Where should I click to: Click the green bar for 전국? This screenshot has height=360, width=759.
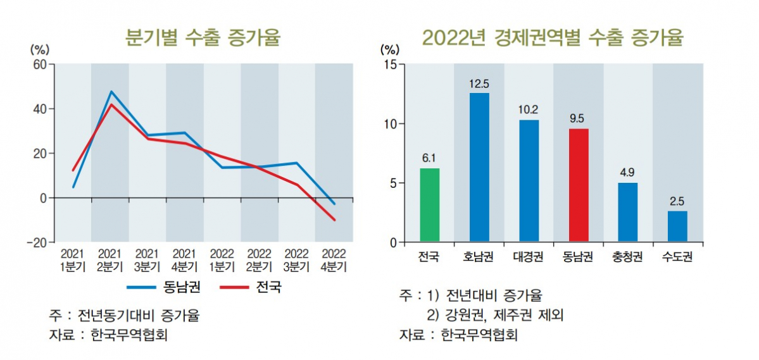(429, 205)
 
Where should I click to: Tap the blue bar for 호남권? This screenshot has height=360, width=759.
(479, 168)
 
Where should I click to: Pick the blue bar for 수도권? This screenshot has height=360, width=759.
(677, 227)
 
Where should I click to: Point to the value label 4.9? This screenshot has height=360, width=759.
(627, 171)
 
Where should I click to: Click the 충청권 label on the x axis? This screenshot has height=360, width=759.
(627, 258)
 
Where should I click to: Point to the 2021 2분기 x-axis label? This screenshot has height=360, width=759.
(110, 259)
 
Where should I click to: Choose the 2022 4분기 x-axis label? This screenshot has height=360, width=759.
(334, 259)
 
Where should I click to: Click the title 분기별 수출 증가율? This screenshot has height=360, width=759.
(203, 38)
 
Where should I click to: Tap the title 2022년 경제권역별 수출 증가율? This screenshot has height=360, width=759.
(553, 38)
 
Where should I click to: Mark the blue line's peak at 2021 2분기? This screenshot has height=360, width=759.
(111, 92)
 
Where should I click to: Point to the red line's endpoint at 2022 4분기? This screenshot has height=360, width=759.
(334, 220)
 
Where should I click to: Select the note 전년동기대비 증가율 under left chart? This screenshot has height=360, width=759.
(141, 314)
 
